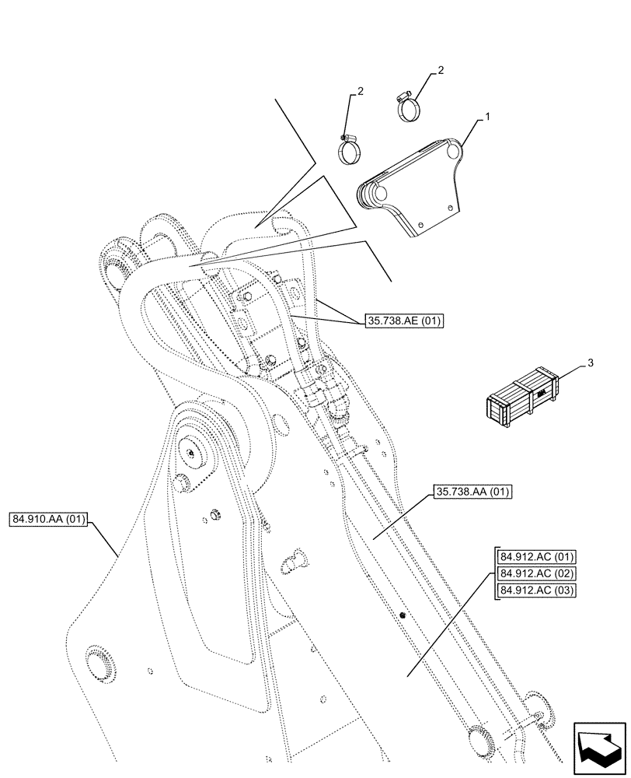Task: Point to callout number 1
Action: point(487,117)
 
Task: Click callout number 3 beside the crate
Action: point(591,363)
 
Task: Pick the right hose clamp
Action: point(410,107)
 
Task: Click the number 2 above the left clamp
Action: point(361,92)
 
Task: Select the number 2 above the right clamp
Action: point(441,71)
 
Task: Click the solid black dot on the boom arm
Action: point(403,615)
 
